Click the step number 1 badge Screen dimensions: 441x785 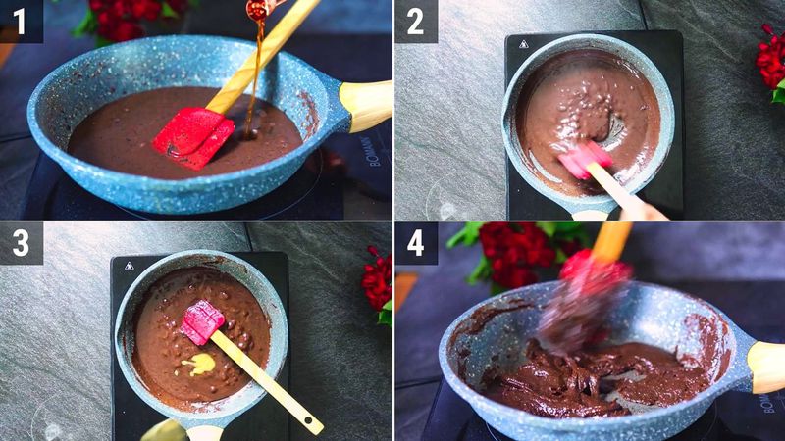[x=21, y=21]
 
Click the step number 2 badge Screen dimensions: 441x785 [x=415, y=21]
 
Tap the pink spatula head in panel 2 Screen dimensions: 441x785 [x=585, y=159]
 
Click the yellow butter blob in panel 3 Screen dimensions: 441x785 [x=200, y=364]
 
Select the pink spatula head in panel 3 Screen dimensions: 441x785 [x=201, y=321]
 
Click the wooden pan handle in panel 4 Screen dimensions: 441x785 [x=766, y=366]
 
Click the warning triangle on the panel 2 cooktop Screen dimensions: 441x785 [x=523, y=44]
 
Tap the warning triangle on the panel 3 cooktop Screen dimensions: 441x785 [x=129, y=265]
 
